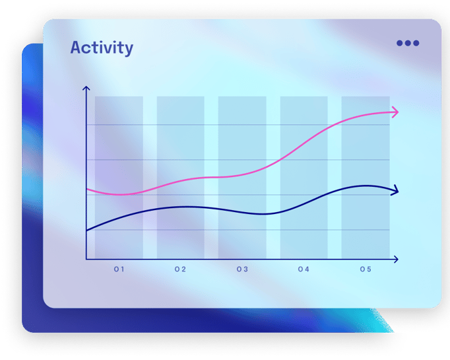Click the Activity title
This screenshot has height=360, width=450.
point(102,48)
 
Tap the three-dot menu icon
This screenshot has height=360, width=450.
point(408,43)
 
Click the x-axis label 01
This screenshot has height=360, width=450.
point(119,270)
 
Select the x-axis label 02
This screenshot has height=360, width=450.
point(180,270)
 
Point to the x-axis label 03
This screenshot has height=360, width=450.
point(242,270)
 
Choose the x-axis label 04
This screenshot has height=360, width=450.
point(304,270)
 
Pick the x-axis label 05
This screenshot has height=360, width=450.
point(366,270)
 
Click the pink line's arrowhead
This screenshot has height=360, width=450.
point(396,112)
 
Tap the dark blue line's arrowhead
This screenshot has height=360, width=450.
point(396,190)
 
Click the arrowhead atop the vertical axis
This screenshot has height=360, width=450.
point(86,88)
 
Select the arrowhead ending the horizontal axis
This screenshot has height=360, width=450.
point(396,260)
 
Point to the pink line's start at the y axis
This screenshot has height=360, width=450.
point(86,189)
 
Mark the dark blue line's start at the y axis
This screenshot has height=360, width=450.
point(86,231)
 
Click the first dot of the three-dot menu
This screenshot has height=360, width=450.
point(399,43)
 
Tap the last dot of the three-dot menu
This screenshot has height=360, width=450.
point(416,43)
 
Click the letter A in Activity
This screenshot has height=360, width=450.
point(76,48)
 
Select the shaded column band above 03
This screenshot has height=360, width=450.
point(242,178)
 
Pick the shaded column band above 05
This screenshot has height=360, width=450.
point(366,178)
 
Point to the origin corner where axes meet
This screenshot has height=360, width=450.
point(86,260)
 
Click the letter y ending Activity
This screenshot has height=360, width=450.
point(129,50)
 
